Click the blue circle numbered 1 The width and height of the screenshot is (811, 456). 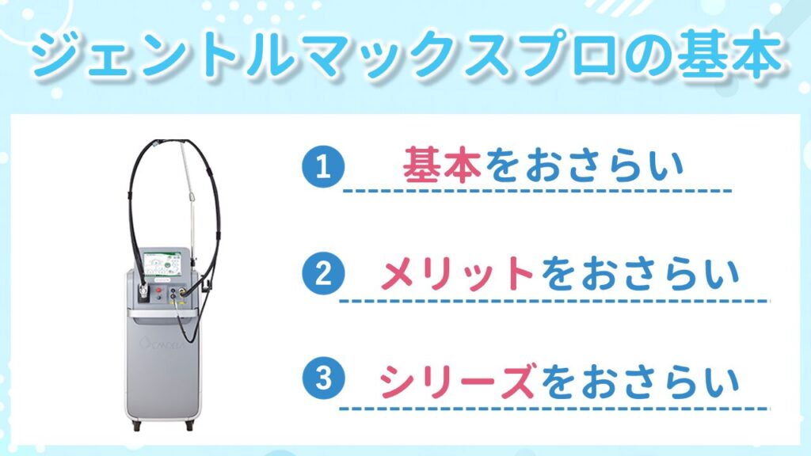point(323,166)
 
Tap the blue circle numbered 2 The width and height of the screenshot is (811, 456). point(323,274)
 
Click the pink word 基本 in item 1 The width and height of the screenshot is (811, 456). point(442,165)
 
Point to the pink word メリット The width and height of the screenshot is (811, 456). point(458,274)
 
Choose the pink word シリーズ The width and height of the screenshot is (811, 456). point(457,381)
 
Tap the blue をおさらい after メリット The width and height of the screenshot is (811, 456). point(639,275)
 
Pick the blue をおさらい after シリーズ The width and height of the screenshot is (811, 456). point(639,382)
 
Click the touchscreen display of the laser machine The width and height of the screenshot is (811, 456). point(162,264)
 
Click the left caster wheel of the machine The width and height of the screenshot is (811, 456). point(136,425)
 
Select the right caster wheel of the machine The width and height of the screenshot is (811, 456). point(190,425)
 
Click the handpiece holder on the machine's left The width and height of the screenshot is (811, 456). point(143,293)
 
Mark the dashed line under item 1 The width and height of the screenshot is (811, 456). point(538,191)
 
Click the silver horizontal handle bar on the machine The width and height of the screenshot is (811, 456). point(162,313)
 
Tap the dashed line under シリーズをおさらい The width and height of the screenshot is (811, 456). point(554,408)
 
